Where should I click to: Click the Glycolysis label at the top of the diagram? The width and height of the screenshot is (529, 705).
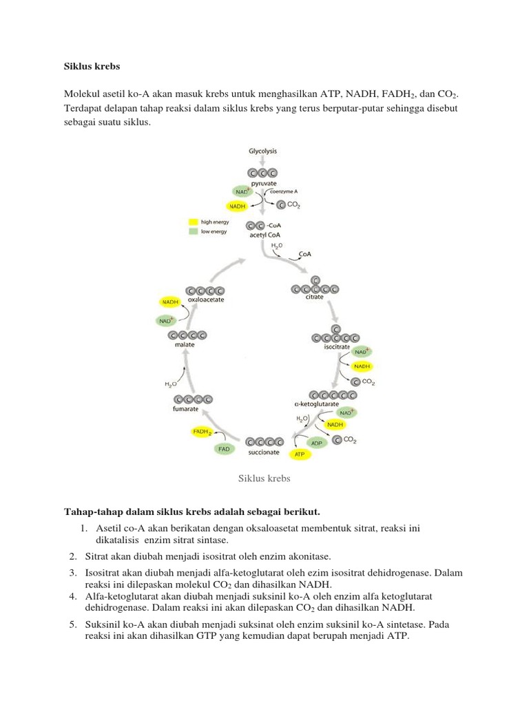pyautogui.click(x=264, y=151)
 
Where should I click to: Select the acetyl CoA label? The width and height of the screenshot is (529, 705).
pyautogui.click(x=262, y=235)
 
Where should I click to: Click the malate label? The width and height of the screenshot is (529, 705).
pyautogui.click(x=184, y=344)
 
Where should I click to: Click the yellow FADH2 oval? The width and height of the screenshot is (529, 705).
pyautogui.click(x=202, y=432)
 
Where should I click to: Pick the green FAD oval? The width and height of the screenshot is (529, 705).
pyautogui.click(x=223, y=449)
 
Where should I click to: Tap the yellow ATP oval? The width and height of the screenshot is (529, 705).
pyautogui.click(x=300, y=455)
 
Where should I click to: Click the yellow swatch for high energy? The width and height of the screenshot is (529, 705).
pyautogui.click(x=194, y=222)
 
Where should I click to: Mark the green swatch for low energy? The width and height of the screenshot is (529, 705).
pyautogui.click(x=194, y=232)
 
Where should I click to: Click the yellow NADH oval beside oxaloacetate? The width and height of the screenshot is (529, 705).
pyautogui.click(x=170, y=302)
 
